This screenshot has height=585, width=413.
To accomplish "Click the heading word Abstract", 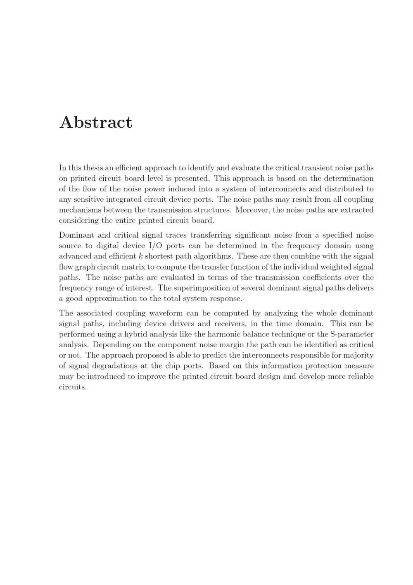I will click(x=96, y=122).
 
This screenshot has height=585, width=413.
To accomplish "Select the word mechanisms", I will click(x=80, y=210).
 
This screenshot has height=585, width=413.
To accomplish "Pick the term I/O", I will click(x=155, y=246).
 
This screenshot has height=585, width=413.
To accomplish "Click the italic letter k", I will click(x=140, y=256).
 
